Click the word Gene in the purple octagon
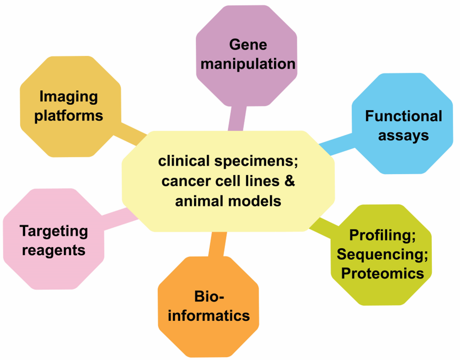(248, 45)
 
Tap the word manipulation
(248, 64)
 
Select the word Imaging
(69, 97)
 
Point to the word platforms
(69, 116)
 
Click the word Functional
(404, 116)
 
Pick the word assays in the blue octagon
(404, 136)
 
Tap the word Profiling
(382, 235)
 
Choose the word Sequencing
(382, 254)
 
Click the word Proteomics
(382, 273)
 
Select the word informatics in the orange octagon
(209, 316)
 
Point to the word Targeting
(54, 231)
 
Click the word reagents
(54, 251)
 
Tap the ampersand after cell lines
(289, 181)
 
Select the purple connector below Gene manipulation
(237, 118)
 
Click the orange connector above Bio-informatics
(217, 245)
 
